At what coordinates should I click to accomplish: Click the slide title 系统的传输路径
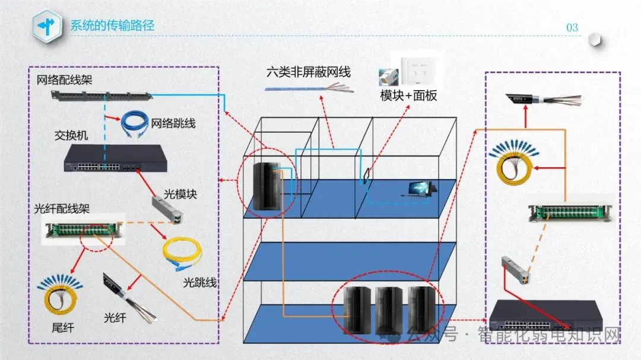112,26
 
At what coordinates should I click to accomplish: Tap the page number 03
572,28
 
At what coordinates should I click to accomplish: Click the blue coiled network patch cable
134,124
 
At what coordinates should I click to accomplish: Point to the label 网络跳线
173,123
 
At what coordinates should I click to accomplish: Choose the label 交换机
71,136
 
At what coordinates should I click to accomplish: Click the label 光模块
180,194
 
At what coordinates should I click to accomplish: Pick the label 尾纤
63,327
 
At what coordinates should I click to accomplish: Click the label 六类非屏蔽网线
309,72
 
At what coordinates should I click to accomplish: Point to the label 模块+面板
409,95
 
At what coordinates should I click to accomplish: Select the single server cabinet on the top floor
265,186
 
